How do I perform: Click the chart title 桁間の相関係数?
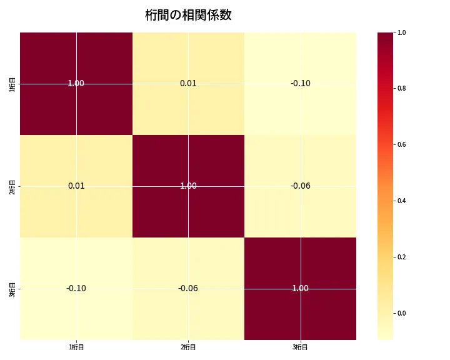[x=188, y=16]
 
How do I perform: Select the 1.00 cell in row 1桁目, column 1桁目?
[x=76, y=83]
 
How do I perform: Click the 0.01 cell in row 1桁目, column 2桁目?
[x=188, y=83]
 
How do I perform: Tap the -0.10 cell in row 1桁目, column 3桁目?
[x=300, y=83]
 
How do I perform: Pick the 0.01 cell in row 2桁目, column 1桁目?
[x=76, y=186]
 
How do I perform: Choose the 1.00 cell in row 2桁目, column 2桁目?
[x=188, y=186]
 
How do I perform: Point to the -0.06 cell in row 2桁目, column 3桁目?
[x=300, y=186]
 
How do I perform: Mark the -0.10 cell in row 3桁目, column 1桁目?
[x=76, y=288]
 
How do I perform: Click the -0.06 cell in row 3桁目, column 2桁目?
[x=188, y=288]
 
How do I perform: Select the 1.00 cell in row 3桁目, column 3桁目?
[x=300, y=288]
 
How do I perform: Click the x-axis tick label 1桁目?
[x=76, y=347]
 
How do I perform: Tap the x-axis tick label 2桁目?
[x=188, y=347]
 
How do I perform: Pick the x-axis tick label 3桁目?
[x=300, y=347]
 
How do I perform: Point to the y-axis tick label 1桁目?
[x=12, y=83]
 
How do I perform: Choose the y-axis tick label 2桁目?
[x=12, y=186]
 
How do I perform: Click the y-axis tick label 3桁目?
[x=12, y=288]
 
